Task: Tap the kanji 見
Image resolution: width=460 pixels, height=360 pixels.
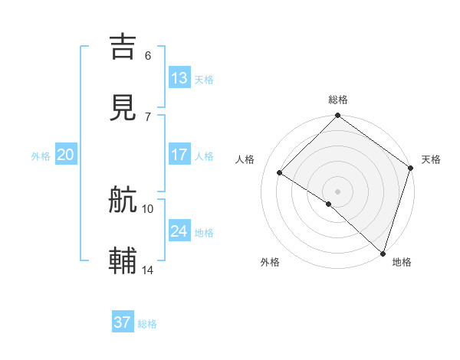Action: (123, 107)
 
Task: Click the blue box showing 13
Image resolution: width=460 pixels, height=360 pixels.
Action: (179, 78)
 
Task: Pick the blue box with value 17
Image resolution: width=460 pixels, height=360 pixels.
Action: (179, 155)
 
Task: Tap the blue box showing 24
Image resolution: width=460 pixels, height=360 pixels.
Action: (179, 231)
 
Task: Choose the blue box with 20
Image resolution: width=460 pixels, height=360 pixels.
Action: (65, 155)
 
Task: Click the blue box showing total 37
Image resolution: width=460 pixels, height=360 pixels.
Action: (123, 322)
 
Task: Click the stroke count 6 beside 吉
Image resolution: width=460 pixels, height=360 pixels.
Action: (148, 55)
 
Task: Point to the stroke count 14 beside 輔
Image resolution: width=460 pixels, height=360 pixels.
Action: (148, 270)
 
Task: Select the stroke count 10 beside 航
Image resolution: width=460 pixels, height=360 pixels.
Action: (148, 208)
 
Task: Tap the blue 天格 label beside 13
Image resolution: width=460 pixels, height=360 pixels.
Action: (204, 80)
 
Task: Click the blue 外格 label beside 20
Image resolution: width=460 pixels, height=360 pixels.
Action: (41, 156)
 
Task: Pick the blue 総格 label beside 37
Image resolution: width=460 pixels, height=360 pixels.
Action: (147, 324)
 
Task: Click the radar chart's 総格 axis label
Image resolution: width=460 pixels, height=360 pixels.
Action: (338, 100)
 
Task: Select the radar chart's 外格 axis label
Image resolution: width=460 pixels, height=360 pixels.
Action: (270, 262)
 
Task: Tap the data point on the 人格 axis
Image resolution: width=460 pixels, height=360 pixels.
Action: (280, 172)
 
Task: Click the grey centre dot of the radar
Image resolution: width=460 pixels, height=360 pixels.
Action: (338, 191)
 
